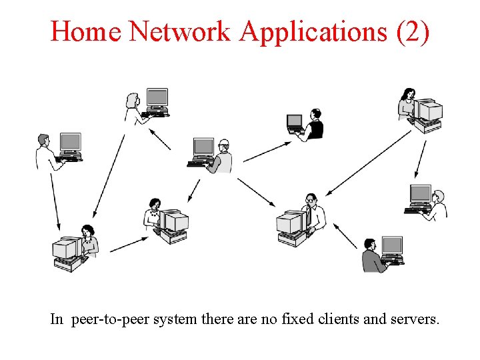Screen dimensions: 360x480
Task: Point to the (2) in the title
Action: click(412, 31)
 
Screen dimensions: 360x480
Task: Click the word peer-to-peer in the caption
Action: click(109, 319)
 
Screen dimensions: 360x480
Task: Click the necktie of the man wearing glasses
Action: click(308, 216)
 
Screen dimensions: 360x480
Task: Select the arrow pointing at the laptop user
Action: click(267, 151)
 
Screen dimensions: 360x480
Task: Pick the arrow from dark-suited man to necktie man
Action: click(345, 236)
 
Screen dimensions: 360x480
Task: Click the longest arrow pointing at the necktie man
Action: click(370, 163)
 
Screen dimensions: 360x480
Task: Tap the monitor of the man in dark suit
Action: click(392, 245)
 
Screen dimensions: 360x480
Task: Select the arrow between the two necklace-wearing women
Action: click(129, 245)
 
